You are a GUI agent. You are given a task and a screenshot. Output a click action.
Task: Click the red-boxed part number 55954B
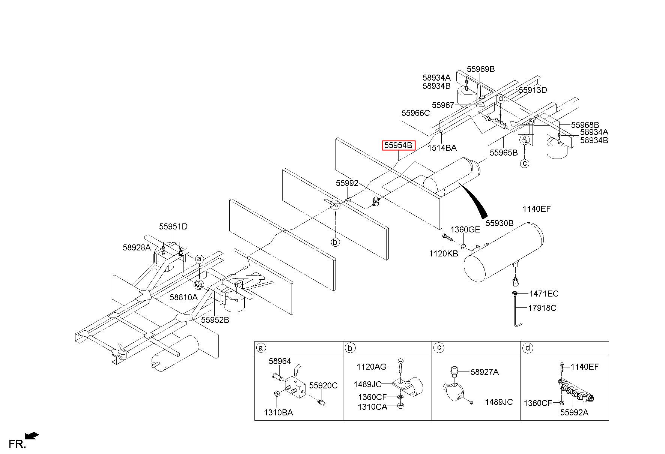click(399, 145)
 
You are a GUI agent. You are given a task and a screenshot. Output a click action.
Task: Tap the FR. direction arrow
click(32, 436)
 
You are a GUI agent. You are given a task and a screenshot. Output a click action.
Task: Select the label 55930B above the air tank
click(500, 223)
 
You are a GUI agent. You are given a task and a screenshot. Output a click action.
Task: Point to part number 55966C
click(415, 113)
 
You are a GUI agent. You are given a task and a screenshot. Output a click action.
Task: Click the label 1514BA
click(442, 148)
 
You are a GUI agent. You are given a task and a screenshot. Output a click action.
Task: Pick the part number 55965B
click(504, 152)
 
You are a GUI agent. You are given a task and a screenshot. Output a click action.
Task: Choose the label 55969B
click(481, 69)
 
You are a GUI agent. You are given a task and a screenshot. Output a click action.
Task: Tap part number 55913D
click(533, 90)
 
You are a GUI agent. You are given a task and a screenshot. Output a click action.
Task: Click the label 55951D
click(173, 226)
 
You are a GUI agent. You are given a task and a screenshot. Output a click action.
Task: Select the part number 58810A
click(183, 297)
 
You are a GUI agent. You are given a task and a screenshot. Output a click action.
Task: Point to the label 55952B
click(215, 320)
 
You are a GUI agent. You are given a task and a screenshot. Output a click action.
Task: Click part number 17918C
click(542, 308)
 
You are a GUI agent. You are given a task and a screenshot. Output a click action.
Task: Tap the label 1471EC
click(544, 294)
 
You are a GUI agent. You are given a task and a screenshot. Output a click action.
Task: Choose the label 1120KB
click(444, 253)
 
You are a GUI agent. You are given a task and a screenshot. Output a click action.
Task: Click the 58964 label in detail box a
click(280, 361)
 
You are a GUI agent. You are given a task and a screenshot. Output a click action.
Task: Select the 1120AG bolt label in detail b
click(372, 366)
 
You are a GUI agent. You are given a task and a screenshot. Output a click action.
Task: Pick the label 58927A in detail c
click(484, 372)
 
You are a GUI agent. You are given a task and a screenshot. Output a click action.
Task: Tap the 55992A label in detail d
click(574, 412)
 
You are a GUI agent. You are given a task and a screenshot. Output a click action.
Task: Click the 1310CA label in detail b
click(372, 407)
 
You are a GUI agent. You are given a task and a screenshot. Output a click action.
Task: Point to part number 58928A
click(137, 247)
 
